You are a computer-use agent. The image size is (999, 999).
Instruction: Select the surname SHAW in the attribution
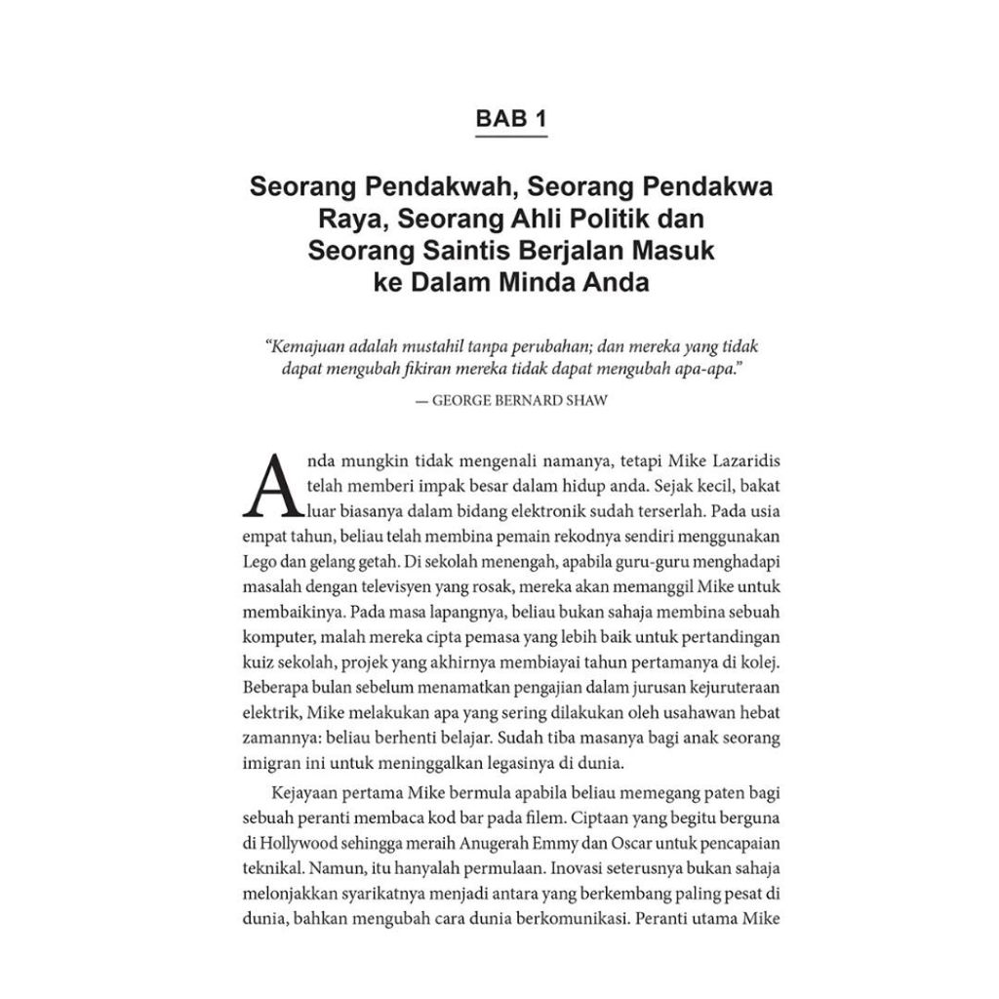coord(585,400)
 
